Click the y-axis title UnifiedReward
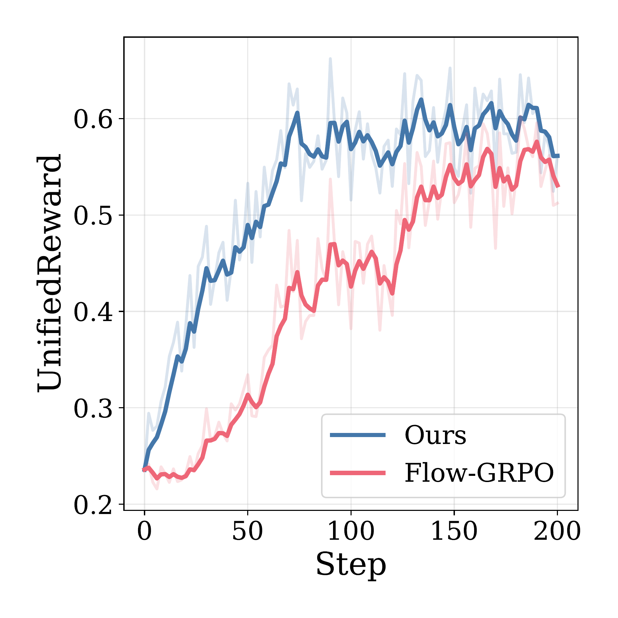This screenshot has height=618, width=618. click(x=50, y=273)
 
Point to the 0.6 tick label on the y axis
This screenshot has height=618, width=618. click(x=93, y=119)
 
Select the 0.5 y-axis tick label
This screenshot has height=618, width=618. click(x=93, y=216)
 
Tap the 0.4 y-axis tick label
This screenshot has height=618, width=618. click(x=93, y=312)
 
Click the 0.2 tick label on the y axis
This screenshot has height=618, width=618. click(x=93, y=505)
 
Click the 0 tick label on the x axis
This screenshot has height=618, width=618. click(x=144, y=532)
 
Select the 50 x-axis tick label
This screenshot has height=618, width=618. click(x=247, y=532)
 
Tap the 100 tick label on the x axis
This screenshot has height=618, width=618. click(x=351, y=532)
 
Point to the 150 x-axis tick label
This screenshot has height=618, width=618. click(x=454, y=532)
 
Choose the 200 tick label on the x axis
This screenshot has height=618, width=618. click(x=557, y=532)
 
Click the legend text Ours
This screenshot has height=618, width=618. click(x=435, y=435)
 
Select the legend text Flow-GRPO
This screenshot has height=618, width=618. click(x=479, y=473)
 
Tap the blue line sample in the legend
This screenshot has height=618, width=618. click(x=357, y=435)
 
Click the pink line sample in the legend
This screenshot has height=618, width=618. click(x=357, y=473)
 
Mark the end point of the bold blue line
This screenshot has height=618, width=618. click(x=559, y=156)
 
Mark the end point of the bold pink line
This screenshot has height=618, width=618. click(x=559, y=186)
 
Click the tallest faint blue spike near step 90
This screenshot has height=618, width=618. click(x=330, y=59)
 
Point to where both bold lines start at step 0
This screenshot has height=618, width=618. click(x=145, y=470)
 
